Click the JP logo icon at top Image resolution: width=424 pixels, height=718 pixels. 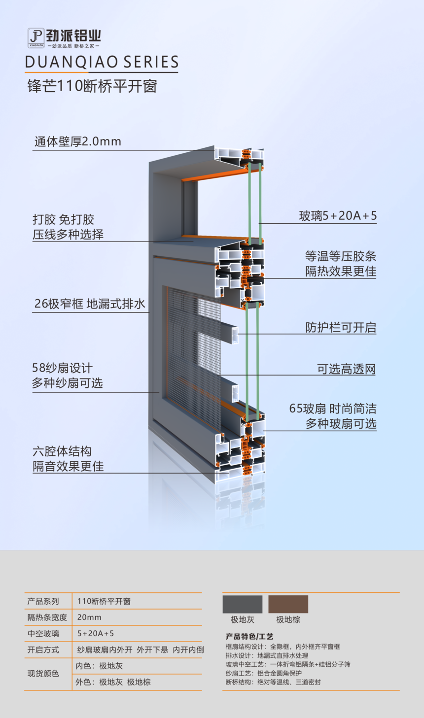coord(36,37)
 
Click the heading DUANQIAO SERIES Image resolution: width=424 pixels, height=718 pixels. coord(102,62)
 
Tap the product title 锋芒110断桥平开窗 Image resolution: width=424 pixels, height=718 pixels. coord(92,86)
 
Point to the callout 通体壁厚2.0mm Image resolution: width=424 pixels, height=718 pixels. coord(77,142)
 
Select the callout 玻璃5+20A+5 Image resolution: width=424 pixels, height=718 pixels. coord(338,216)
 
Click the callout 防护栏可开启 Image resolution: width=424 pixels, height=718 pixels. coord(341,328)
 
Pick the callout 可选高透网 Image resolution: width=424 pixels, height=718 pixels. coord(346,369)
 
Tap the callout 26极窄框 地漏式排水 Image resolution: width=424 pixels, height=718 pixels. coord(90,304)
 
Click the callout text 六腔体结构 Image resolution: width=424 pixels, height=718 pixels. coord(62,451)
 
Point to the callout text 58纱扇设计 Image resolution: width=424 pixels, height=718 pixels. coord(62,368)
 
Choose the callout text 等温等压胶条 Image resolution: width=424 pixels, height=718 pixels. coord(340,256)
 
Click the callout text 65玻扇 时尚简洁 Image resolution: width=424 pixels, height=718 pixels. coord(333,409)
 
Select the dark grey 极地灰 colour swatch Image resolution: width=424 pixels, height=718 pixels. coord(243,604)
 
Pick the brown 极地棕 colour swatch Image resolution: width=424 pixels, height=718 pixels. coord(288,604)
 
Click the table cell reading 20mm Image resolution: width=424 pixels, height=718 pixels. coord(89,617)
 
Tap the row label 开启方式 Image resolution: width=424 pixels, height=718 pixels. coord(43,650)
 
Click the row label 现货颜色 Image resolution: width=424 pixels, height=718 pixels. coord(43,674)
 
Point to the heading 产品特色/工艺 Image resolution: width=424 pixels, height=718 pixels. coord(249,637)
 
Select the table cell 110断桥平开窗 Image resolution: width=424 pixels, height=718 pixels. coord(104,601)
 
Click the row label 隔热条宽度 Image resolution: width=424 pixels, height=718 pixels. coord(47,617)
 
